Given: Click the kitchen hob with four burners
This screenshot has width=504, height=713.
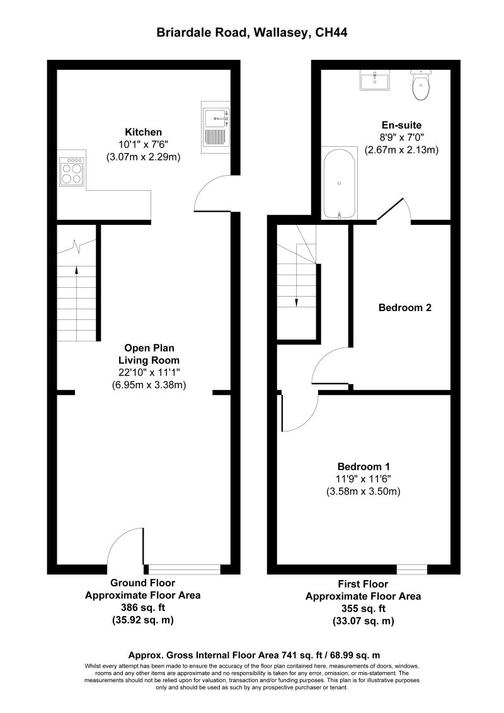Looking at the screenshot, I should (72, 171).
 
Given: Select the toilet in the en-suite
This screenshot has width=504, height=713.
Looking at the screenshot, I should (420, 86).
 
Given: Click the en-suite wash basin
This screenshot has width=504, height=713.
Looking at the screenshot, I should (376, 81).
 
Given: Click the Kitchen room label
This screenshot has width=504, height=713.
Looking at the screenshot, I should (144, 132).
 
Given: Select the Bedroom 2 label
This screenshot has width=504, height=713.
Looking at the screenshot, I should (404, 308).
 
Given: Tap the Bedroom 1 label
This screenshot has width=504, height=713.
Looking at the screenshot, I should (364, 467).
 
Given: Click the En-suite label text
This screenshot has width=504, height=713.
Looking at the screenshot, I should (401, 125).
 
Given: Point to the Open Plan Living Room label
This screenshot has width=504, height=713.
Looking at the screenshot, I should (149, 353).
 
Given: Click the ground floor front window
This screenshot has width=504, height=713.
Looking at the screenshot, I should (183, 569).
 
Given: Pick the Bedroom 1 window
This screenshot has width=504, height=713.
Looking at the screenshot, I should (412, 569).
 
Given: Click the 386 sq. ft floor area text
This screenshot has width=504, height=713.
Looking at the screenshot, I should (142, 608).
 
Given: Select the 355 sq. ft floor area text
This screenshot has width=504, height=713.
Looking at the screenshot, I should (363, 609).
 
